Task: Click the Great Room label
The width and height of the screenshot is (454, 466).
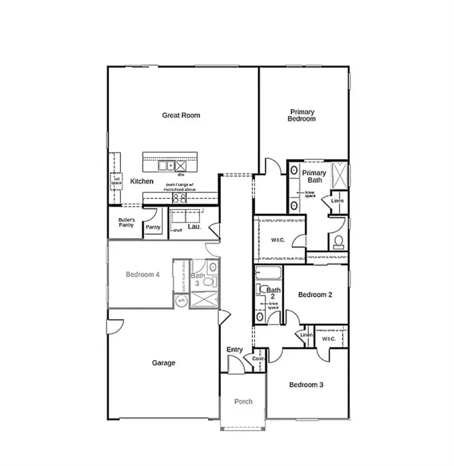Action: point(181,115)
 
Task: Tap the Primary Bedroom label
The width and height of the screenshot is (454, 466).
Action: point(301,115)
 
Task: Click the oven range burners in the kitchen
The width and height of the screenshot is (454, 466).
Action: point(179,198)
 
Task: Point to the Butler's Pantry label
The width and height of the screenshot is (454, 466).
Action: point(126,223)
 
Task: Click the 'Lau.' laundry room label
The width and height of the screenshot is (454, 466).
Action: point(194,227)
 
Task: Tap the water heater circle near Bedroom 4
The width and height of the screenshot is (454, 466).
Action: point(181,301)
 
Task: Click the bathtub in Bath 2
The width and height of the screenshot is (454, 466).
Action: point(269,274)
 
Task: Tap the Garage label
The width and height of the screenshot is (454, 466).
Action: point(163,363)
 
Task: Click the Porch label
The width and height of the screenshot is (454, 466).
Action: point(243,401)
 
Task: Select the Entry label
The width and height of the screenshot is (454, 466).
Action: point(234,350)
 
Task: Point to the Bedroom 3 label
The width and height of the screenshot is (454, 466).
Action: point(306,384)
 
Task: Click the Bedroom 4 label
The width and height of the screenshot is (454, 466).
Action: point(143,274)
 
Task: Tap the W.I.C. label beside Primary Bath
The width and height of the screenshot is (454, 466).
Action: point(278,240)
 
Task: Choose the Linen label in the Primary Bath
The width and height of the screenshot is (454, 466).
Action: point(337,201)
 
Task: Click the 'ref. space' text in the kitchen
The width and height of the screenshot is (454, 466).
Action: point(117,181)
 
